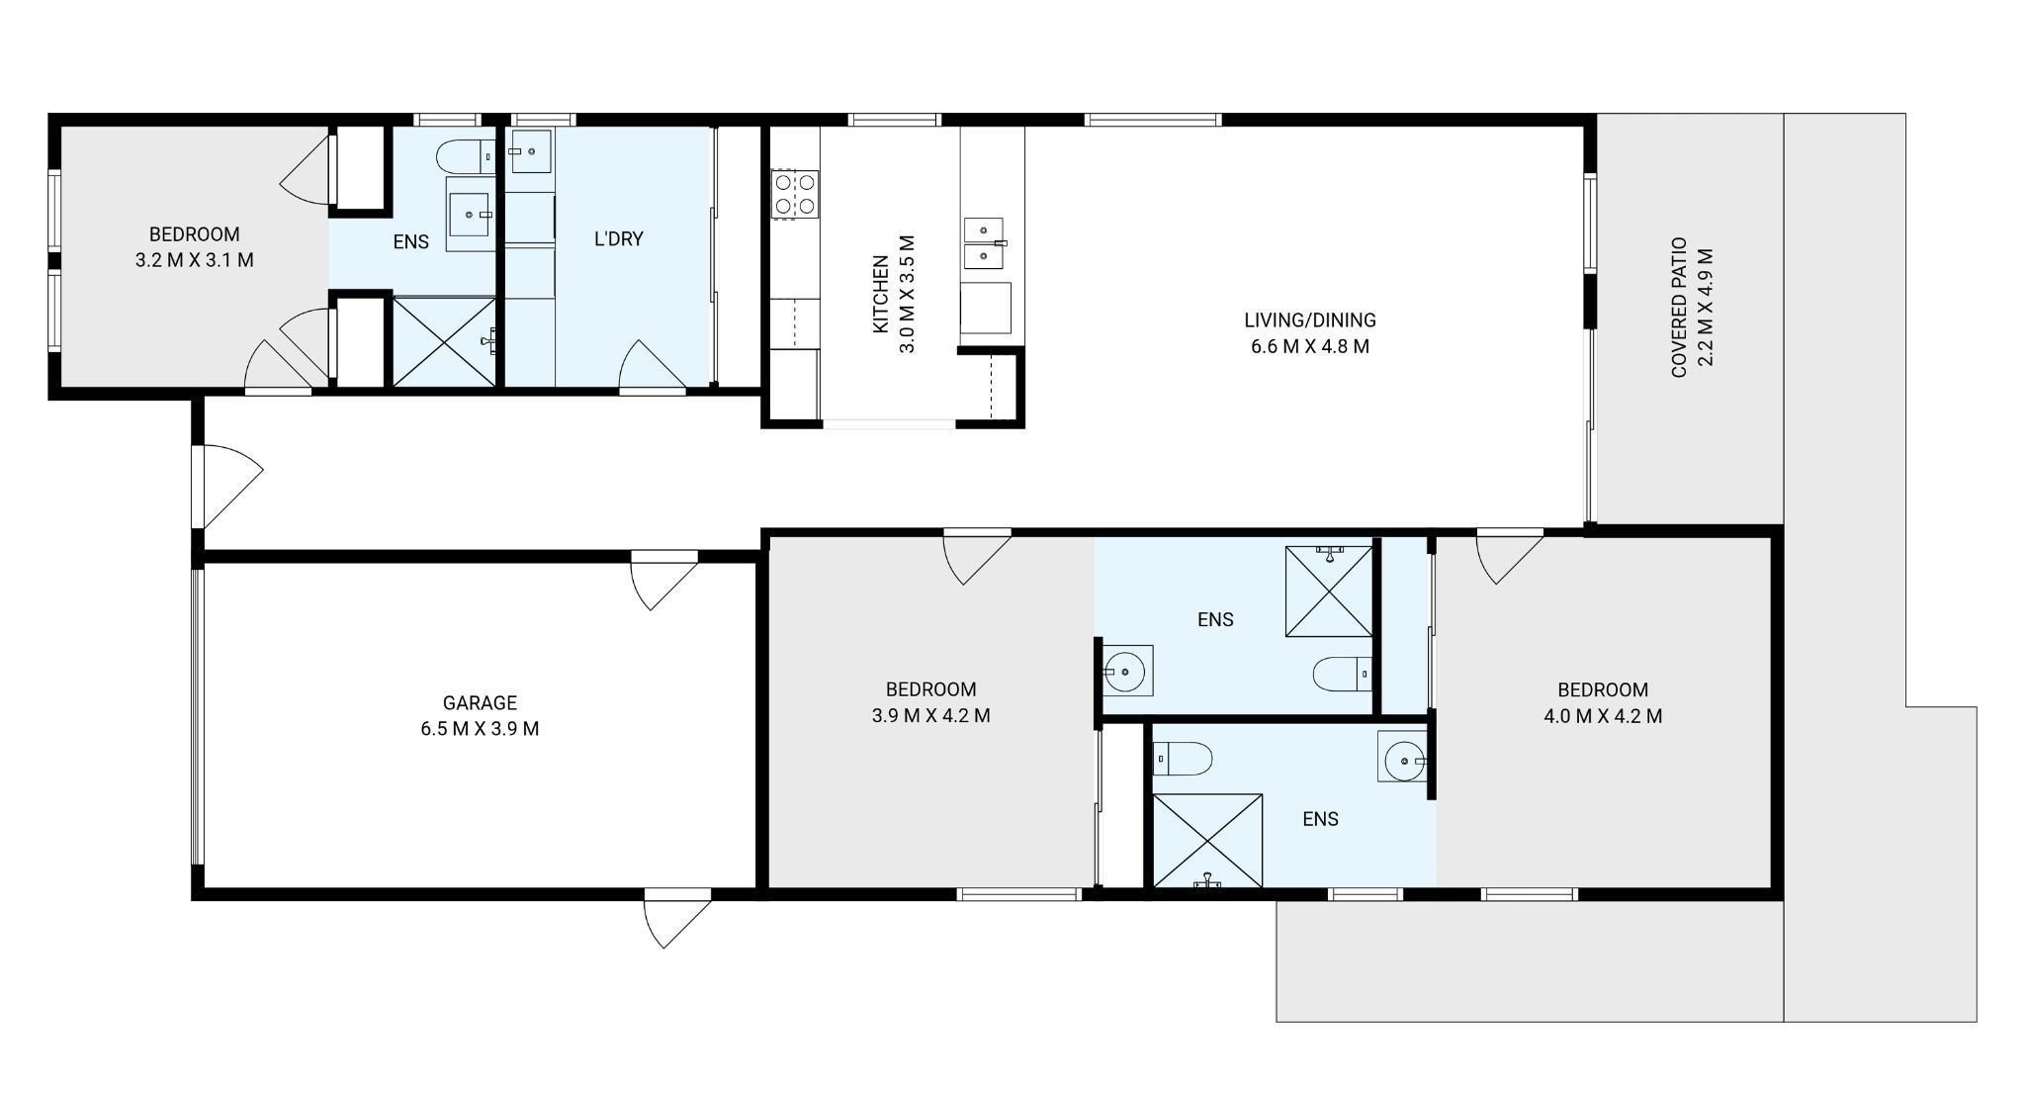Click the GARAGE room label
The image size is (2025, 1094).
tap(480, 702)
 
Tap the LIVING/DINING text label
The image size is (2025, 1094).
tap(1309, 319)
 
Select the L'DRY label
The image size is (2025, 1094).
tap(619, 238)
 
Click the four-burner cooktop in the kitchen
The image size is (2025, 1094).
tap(795, 193)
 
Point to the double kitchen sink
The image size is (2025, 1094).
tap(984, 243)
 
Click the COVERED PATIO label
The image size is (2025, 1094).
tap(1678, 307)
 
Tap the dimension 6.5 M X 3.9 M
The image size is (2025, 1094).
tap(480, 729)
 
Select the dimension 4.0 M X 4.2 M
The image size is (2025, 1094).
tap(1603, 716)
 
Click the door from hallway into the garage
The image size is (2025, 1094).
tap(662, 582)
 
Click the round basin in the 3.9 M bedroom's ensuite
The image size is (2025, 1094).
tap(1125, 672)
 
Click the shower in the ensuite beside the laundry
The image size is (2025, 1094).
tap(444, 341)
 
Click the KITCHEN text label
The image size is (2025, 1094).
tap(880, 294)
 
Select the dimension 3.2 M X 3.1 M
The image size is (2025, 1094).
tap(194, 261)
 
